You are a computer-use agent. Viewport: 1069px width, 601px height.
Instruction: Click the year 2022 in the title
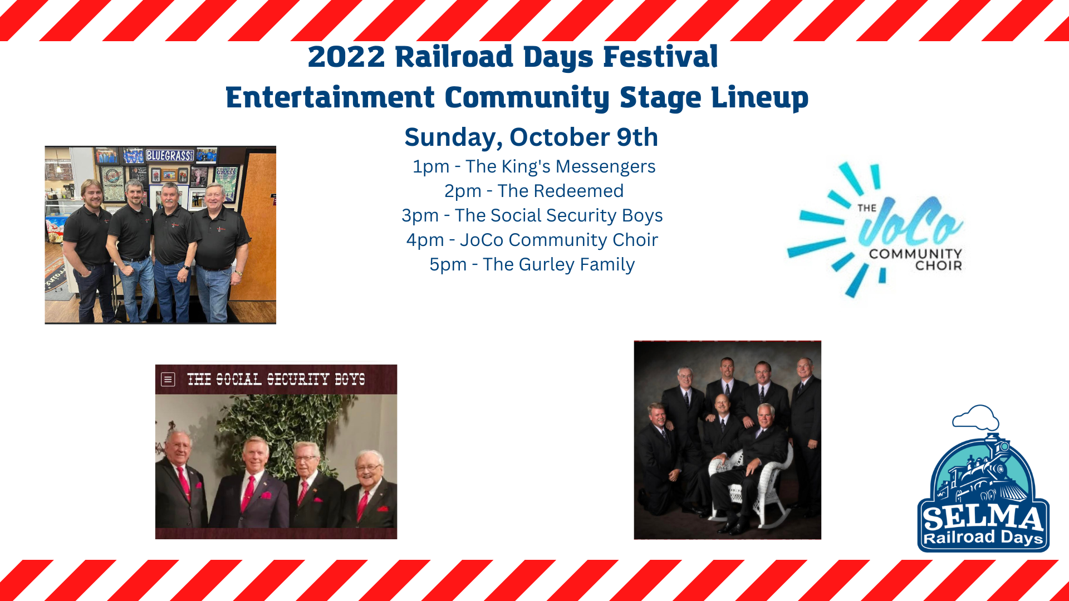(346, 57)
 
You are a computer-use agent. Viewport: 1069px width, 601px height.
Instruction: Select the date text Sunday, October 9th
(531, 137)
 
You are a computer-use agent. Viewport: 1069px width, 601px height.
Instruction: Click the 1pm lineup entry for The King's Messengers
(534, 166)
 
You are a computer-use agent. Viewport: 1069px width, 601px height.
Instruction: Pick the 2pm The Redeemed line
(534, 191)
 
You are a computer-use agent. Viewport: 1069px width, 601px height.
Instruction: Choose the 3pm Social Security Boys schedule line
(532, 215)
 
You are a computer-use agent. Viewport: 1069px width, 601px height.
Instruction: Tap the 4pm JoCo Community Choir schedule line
(532, 240)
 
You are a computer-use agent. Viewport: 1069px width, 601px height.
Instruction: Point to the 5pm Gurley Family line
(532, 264)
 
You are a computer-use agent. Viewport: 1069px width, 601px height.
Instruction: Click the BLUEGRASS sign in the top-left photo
(169, 155)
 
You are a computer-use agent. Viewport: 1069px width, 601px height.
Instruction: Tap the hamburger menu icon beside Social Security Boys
(168, 380)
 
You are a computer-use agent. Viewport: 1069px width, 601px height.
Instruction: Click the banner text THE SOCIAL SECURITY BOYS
(276, 380)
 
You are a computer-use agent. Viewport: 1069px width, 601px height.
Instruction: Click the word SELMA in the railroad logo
(983, 518)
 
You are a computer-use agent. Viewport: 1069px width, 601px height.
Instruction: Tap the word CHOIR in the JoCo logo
(939, 266)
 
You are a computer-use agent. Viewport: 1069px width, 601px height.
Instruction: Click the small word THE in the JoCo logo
(867, 208)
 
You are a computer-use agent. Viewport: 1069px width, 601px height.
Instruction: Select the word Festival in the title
(660, 57)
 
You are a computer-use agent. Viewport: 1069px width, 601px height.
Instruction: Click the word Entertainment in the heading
(330, 98)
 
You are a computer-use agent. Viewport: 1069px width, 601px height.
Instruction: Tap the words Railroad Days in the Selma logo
(983, 538)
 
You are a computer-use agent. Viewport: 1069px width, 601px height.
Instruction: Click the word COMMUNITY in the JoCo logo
(915, 254)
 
